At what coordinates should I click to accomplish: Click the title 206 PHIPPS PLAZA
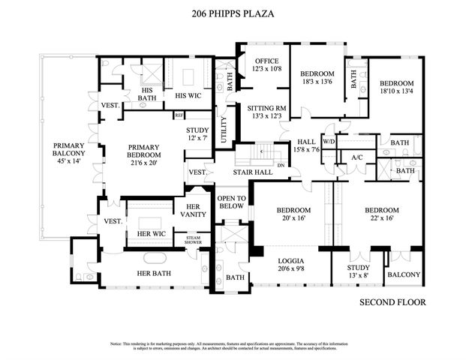(x=233, y=13)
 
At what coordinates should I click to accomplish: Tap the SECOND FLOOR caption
(x=392, y=302)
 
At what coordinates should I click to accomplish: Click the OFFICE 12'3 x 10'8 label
(x=266, y=64)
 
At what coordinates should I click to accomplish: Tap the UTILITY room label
(x=223, y=129)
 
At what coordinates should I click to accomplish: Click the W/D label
(x=329, y=142)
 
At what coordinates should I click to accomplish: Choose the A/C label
(x=358, y=157)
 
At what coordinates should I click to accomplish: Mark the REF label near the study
(x=179, y=115)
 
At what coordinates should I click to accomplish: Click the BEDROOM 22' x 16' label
(x=382, y=214)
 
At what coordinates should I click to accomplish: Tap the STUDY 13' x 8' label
(x=359, y=272)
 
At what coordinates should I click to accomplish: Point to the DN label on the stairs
(x=281, y=165)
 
